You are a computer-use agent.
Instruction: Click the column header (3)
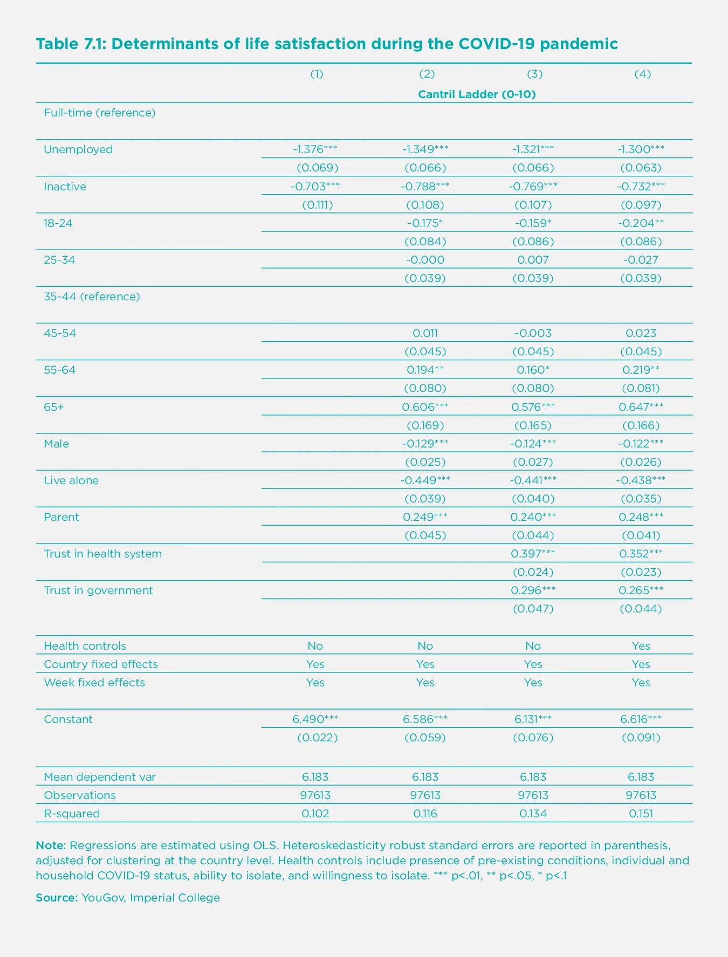click(x=534, y=74)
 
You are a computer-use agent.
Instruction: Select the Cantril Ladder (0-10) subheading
click(x=477, y=94)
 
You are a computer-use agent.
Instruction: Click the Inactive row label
click(x=65, y=187)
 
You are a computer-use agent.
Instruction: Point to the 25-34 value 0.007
click(x=533, y=260)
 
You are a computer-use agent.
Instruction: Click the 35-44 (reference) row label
click(x=92, y=297)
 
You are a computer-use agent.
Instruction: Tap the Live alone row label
click(x=71, y=480)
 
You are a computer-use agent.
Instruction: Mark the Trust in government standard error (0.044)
click(x=641, y=609)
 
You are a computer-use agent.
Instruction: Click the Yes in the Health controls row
click(x=641, y=646)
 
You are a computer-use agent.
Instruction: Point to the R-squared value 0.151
click(x=641, y=814)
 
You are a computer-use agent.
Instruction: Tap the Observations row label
click(x=80, y=795)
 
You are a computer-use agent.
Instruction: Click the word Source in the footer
click(x=57, y=898)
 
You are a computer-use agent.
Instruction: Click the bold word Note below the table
click(x=51, y=845)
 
